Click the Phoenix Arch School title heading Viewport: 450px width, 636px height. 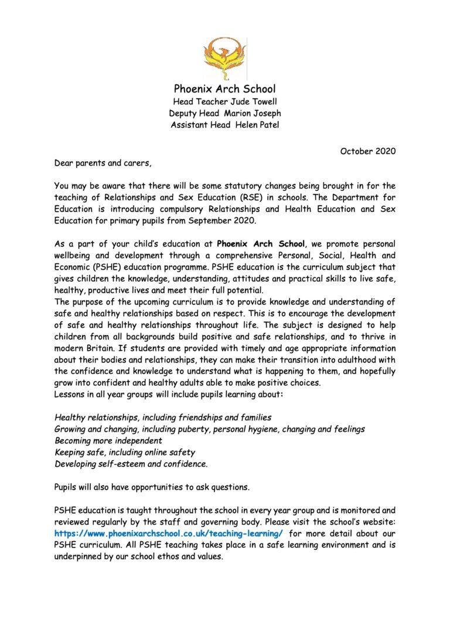click(224, 89)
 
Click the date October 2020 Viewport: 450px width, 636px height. click(367, 151)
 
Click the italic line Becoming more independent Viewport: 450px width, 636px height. click(108, 440)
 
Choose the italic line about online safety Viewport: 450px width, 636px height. click(125, 452)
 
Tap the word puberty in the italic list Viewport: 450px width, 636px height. click(191, 429)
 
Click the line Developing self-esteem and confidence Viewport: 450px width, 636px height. click(131, 463)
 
